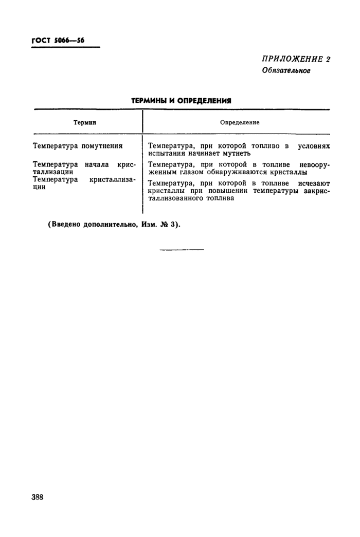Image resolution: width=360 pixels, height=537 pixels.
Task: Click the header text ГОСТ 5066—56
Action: [58, 41]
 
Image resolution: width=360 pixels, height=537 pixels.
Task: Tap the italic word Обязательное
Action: [286, 70]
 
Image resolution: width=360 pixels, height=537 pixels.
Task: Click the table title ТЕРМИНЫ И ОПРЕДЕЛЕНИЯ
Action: [181, 101]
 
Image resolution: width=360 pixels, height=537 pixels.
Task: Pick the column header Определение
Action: [240, 123]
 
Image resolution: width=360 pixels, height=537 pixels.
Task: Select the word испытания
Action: [165, 153]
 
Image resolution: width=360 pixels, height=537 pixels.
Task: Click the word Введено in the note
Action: [65, 225]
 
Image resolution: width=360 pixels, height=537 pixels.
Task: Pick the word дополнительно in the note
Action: [110, 225]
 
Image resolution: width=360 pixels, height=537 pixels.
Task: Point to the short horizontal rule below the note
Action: [182, 250]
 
